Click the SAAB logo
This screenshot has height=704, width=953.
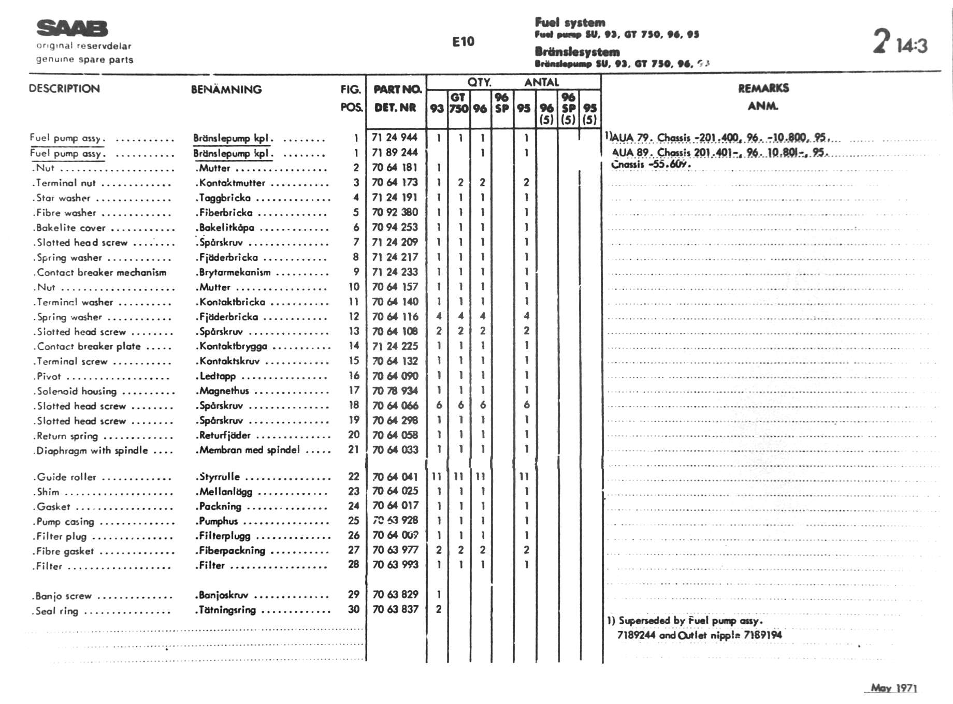72,28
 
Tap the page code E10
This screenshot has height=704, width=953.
463,42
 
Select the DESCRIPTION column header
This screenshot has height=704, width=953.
64,89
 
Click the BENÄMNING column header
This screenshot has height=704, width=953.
226,90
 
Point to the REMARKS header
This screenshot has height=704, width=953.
763,88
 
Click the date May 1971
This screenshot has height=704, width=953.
893,688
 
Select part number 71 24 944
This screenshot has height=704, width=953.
395,137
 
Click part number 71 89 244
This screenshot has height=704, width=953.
395,152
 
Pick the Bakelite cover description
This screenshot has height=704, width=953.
70,228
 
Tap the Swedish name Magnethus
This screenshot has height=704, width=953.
224,391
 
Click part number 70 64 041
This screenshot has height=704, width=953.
395,477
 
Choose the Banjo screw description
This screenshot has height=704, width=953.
63,596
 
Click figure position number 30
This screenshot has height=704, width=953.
354,609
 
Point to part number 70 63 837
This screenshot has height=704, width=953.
395,609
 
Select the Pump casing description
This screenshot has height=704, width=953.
65,522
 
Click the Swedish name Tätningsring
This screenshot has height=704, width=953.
227,610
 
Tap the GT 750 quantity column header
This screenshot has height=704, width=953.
458,103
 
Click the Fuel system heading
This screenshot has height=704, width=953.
570,22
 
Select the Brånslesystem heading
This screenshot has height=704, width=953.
577,52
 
